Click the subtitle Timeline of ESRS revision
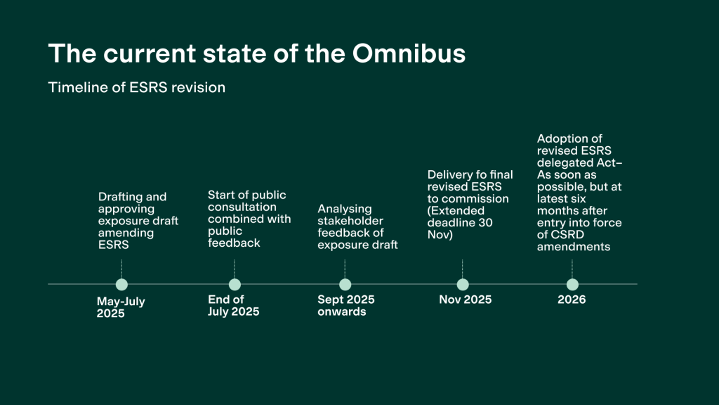pos(136,88)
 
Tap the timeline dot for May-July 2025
pos(121,285)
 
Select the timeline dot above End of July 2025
pos(235,285)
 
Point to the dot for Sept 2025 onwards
pos(345,285)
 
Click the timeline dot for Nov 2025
pos(462,285)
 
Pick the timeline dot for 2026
pos(572,285)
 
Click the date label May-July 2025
pos(121,307)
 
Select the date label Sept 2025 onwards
pos(345,305)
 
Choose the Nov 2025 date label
pos(465,300)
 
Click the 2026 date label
pos(572,300)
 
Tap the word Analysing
pos(345,209)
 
